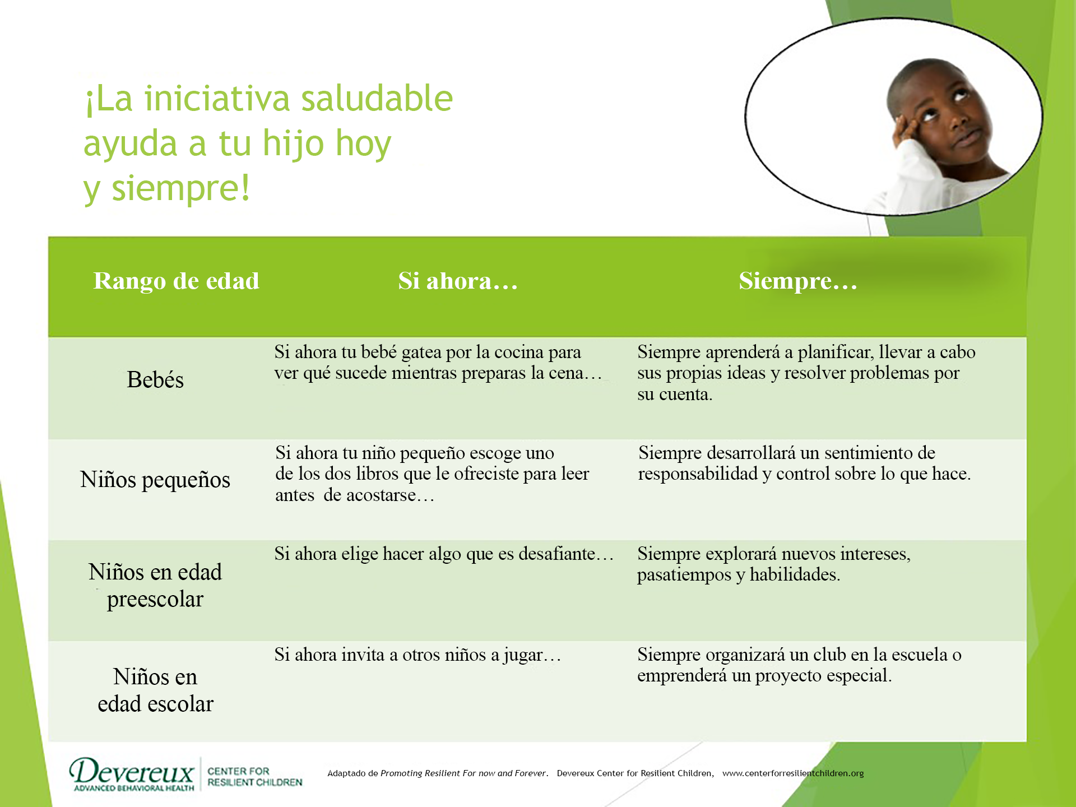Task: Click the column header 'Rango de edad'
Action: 176,281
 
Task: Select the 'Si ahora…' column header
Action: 458,281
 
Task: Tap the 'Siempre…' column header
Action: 798,281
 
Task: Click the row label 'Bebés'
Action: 155,379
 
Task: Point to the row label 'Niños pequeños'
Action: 155,480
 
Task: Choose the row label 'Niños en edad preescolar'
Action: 155,585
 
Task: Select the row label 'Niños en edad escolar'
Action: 155,690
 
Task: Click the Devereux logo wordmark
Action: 132,772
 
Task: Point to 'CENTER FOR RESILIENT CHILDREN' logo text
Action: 254,777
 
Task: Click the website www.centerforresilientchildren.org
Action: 793,773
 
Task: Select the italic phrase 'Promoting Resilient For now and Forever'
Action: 463,773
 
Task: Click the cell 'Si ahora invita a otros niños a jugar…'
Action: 418,655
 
